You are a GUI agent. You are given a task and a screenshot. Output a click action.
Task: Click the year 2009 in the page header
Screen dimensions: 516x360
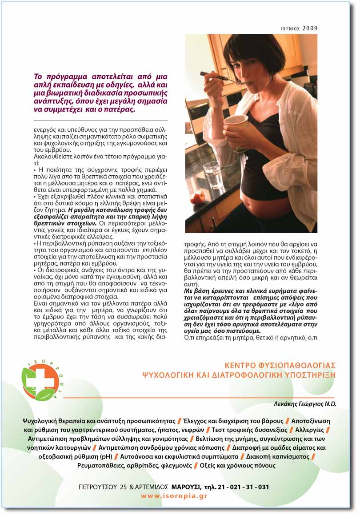coord(310,28)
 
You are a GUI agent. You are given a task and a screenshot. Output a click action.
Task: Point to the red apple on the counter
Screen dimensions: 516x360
coord(197,196)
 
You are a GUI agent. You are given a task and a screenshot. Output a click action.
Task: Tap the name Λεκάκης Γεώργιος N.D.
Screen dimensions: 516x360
coord(305,404)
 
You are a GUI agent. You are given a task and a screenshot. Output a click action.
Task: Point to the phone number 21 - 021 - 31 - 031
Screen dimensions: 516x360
coord(242,487)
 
